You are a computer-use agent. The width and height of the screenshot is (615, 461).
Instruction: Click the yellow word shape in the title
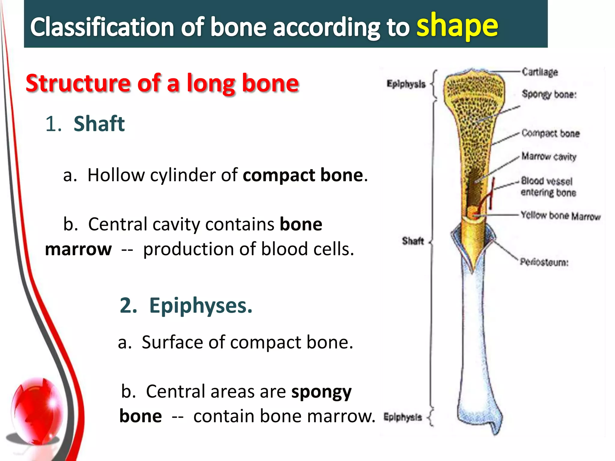pos(457,27)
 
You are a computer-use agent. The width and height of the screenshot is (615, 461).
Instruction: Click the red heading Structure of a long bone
pos(162,83)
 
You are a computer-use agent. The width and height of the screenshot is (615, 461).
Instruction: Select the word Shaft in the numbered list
pos(99,124)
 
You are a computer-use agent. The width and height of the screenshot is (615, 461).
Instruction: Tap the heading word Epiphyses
pos(201,305)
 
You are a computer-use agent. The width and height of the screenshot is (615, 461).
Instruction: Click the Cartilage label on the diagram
pos(540,72)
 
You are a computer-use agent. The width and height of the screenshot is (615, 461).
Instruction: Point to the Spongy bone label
pos(549,94)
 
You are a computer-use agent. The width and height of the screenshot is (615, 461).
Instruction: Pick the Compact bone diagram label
pos(550,133)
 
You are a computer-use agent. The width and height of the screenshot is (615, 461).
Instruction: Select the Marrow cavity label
pos(549,156)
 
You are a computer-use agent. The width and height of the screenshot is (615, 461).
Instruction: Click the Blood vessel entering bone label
pos(548,187)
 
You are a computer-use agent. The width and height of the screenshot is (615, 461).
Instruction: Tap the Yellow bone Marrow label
pos(560,215)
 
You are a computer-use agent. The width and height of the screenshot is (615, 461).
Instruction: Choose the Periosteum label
pos(544,262)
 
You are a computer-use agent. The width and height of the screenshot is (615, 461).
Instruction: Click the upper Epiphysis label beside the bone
pos(406,84)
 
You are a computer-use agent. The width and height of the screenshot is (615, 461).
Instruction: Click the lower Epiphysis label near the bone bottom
pos(402,417)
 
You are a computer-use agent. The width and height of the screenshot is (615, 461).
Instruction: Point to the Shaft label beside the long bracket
pos(413,241)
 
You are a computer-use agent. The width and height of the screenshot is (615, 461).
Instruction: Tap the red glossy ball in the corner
pos(38,411)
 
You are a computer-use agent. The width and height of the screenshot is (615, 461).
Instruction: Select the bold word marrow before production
pos(78,249)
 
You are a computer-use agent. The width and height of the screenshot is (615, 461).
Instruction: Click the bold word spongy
pos(321,392)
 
